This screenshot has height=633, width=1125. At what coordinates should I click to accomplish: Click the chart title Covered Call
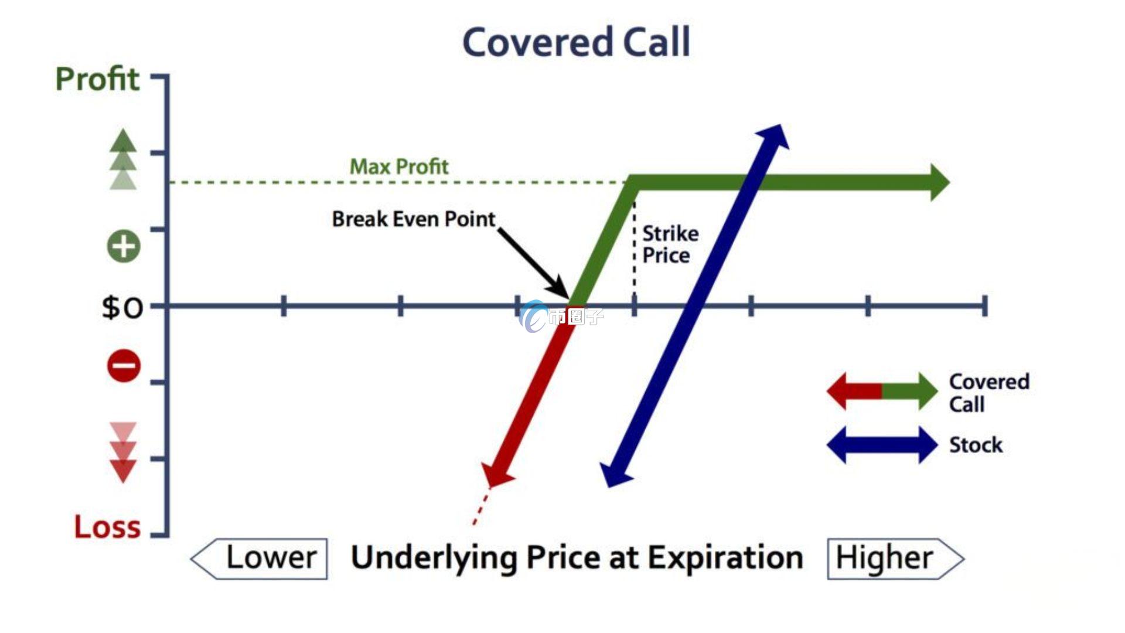[x=577, y=42]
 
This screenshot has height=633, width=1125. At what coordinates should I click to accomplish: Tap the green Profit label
[x=97, y=79]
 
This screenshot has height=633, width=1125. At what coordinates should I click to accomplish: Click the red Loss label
[x=107, y=527]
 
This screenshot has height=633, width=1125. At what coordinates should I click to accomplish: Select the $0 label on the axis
[x=122, y=307]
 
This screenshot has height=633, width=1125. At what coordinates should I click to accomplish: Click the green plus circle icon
[x=124, y=246]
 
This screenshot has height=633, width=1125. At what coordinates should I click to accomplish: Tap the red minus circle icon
[x=124, y=366]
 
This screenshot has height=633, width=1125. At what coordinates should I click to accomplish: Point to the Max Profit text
[x=399, y=166]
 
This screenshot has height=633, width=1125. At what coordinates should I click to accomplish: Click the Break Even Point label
[x=414, y=219]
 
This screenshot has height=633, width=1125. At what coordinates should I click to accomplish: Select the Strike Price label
[x=670, y=244]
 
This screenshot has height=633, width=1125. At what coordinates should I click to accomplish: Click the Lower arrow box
[x=260, y=559]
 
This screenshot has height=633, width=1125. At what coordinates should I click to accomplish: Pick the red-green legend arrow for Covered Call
[x=882, y=391]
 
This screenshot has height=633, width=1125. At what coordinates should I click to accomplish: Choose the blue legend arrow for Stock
[x=882, y=445]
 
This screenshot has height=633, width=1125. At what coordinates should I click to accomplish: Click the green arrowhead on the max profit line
[x=939, y=183]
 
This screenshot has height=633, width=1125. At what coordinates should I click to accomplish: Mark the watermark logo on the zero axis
[x=534, y=316]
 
